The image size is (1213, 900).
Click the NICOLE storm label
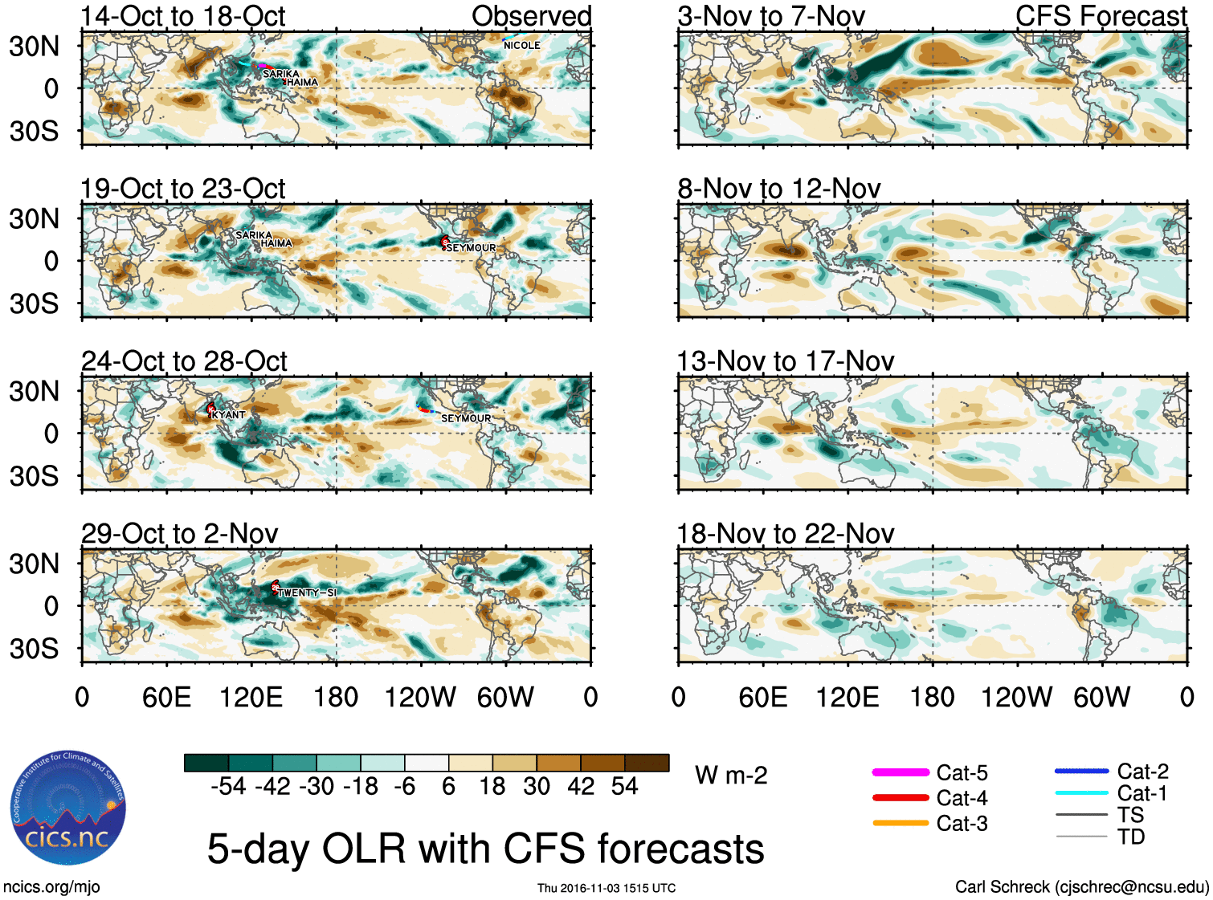(521, 46)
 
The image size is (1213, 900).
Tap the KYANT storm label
(229, 415)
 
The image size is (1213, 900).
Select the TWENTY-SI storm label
(307, 593)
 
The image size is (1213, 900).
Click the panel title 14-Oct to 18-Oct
(183, 16)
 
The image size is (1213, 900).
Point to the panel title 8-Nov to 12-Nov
(778, 189)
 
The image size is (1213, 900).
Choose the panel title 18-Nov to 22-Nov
(785, 534)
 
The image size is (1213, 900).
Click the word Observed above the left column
(531, 16)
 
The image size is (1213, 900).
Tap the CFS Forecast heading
(1101, 16)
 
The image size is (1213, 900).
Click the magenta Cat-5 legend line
(901, 772)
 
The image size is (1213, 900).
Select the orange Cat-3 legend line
(901, 823)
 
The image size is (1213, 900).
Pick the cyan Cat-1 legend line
(1081, 793)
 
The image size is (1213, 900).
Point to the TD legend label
(1131, 837)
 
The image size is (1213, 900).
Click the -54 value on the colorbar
(228, 786)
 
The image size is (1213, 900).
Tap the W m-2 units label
(731, 776)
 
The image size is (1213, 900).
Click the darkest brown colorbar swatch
(647, 763)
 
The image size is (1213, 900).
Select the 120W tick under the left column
(420, 697)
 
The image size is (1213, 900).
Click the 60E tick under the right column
(762, 697)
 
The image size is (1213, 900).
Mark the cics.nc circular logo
(68, 808)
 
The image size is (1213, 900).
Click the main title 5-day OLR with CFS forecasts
(485, 849)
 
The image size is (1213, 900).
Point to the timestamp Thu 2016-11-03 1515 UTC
(606, 888)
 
